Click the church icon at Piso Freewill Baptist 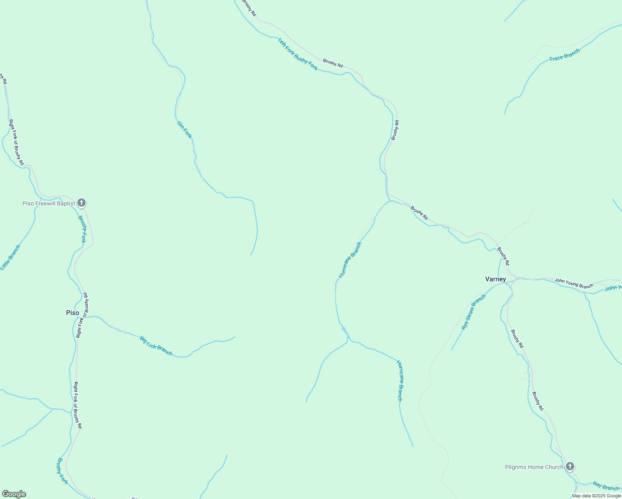pyautogui.click(x=81, y=203)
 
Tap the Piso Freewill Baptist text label pyautogui.click(x=49, y=203)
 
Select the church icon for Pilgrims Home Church pyautogui.click(x=570, y=467)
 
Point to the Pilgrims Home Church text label pyautogui.click(x=534, y=467)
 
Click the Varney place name pyautogui.click(x=496, y=279)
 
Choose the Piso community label pyautogui.click(x=72, y=313)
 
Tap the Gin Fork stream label pyautogui.click(x=185, y=130)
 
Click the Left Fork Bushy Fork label pyautogui.click(x=298, y=54)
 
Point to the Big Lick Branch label pyautogui.click(x=156, y=346)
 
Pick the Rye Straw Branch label pyautogui.click(x=474, y=312)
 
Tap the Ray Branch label pyautogui.click(x=606, y=486)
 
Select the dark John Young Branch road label pyautogui.click(x=574, y=284)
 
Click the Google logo pyautogui.click(x=14, y=494)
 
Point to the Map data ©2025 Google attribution pyautogui.click(x=596, y=496)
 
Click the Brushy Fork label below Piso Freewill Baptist pyautogui.click(x=82, y=229)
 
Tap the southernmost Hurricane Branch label pyautogui.click(x=399, y=381)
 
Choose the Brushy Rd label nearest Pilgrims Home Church pyautogui.click(x=538, y=401)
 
